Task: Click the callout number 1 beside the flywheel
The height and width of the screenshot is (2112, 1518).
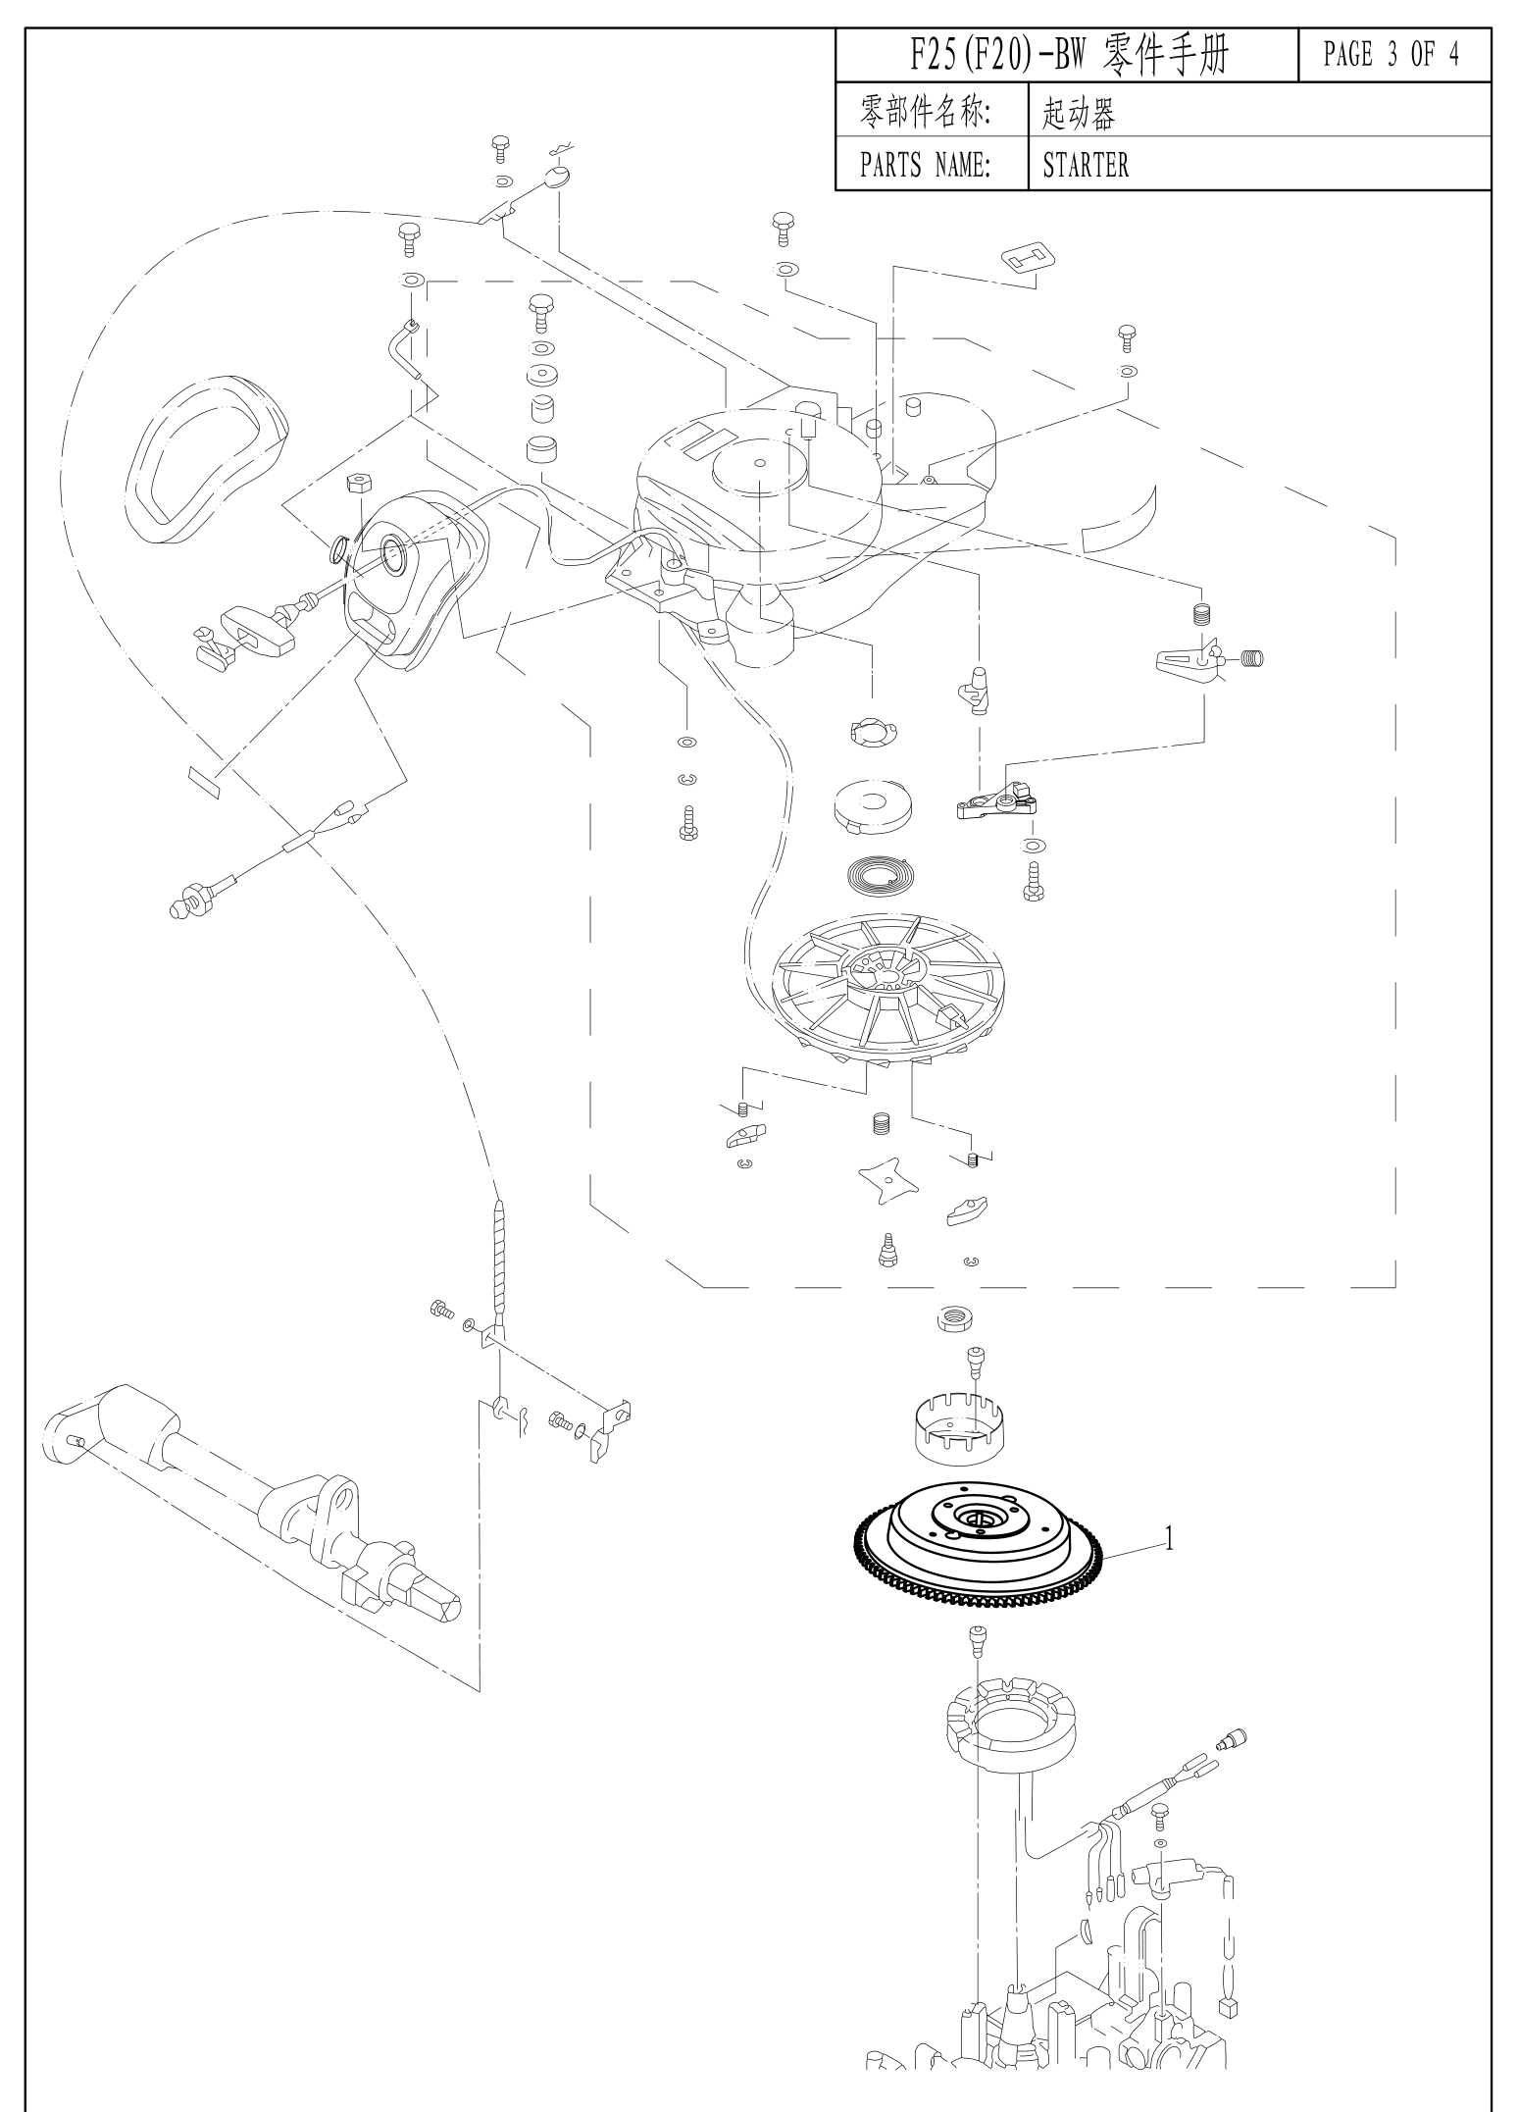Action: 1168,1539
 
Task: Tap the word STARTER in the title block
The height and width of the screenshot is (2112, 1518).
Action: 1086,165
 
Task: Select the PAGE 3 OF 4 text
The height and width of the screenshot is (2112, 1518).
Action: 1391,55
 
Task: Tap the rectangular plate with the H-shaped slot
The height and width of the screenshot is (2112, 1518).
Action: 1027,258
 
